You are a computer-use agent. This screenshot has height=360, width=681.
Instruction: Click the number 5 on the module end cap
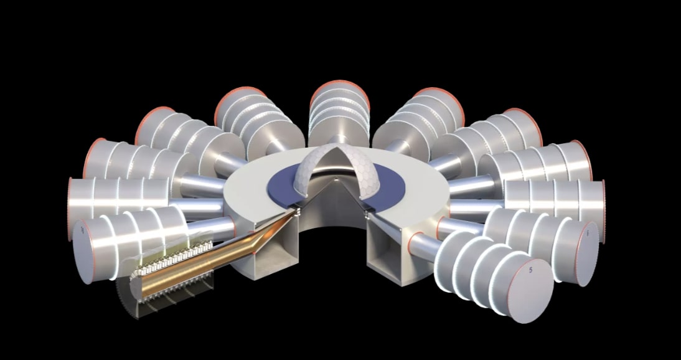point(530,271)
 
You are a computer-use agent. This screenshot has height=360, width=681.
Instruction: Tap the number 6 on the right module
point(586,232)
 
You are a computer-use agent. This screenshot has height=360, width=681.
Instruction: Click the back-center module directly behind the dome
point(337,109)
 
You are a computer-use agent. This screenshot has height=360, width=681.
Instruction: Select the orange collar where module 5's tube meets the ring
point(414,239)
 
